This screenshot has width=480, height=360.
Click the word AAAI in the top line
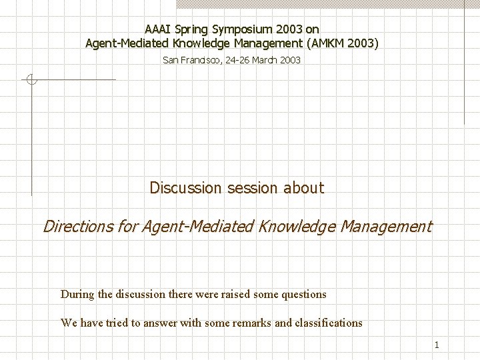click(157, 29)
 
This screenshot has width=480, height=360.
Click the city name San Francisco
click(193, 60)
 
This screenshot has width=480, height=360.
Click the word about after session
click(303, 188)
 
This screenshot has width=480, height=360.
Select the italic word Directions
click(78, 227)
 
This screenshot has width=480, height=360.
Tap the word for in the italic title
click(127, 227)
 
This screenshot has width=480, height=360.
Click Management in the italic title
click(386, 227)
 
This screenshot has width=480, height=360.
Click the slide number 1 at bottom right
click(436, 345)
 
